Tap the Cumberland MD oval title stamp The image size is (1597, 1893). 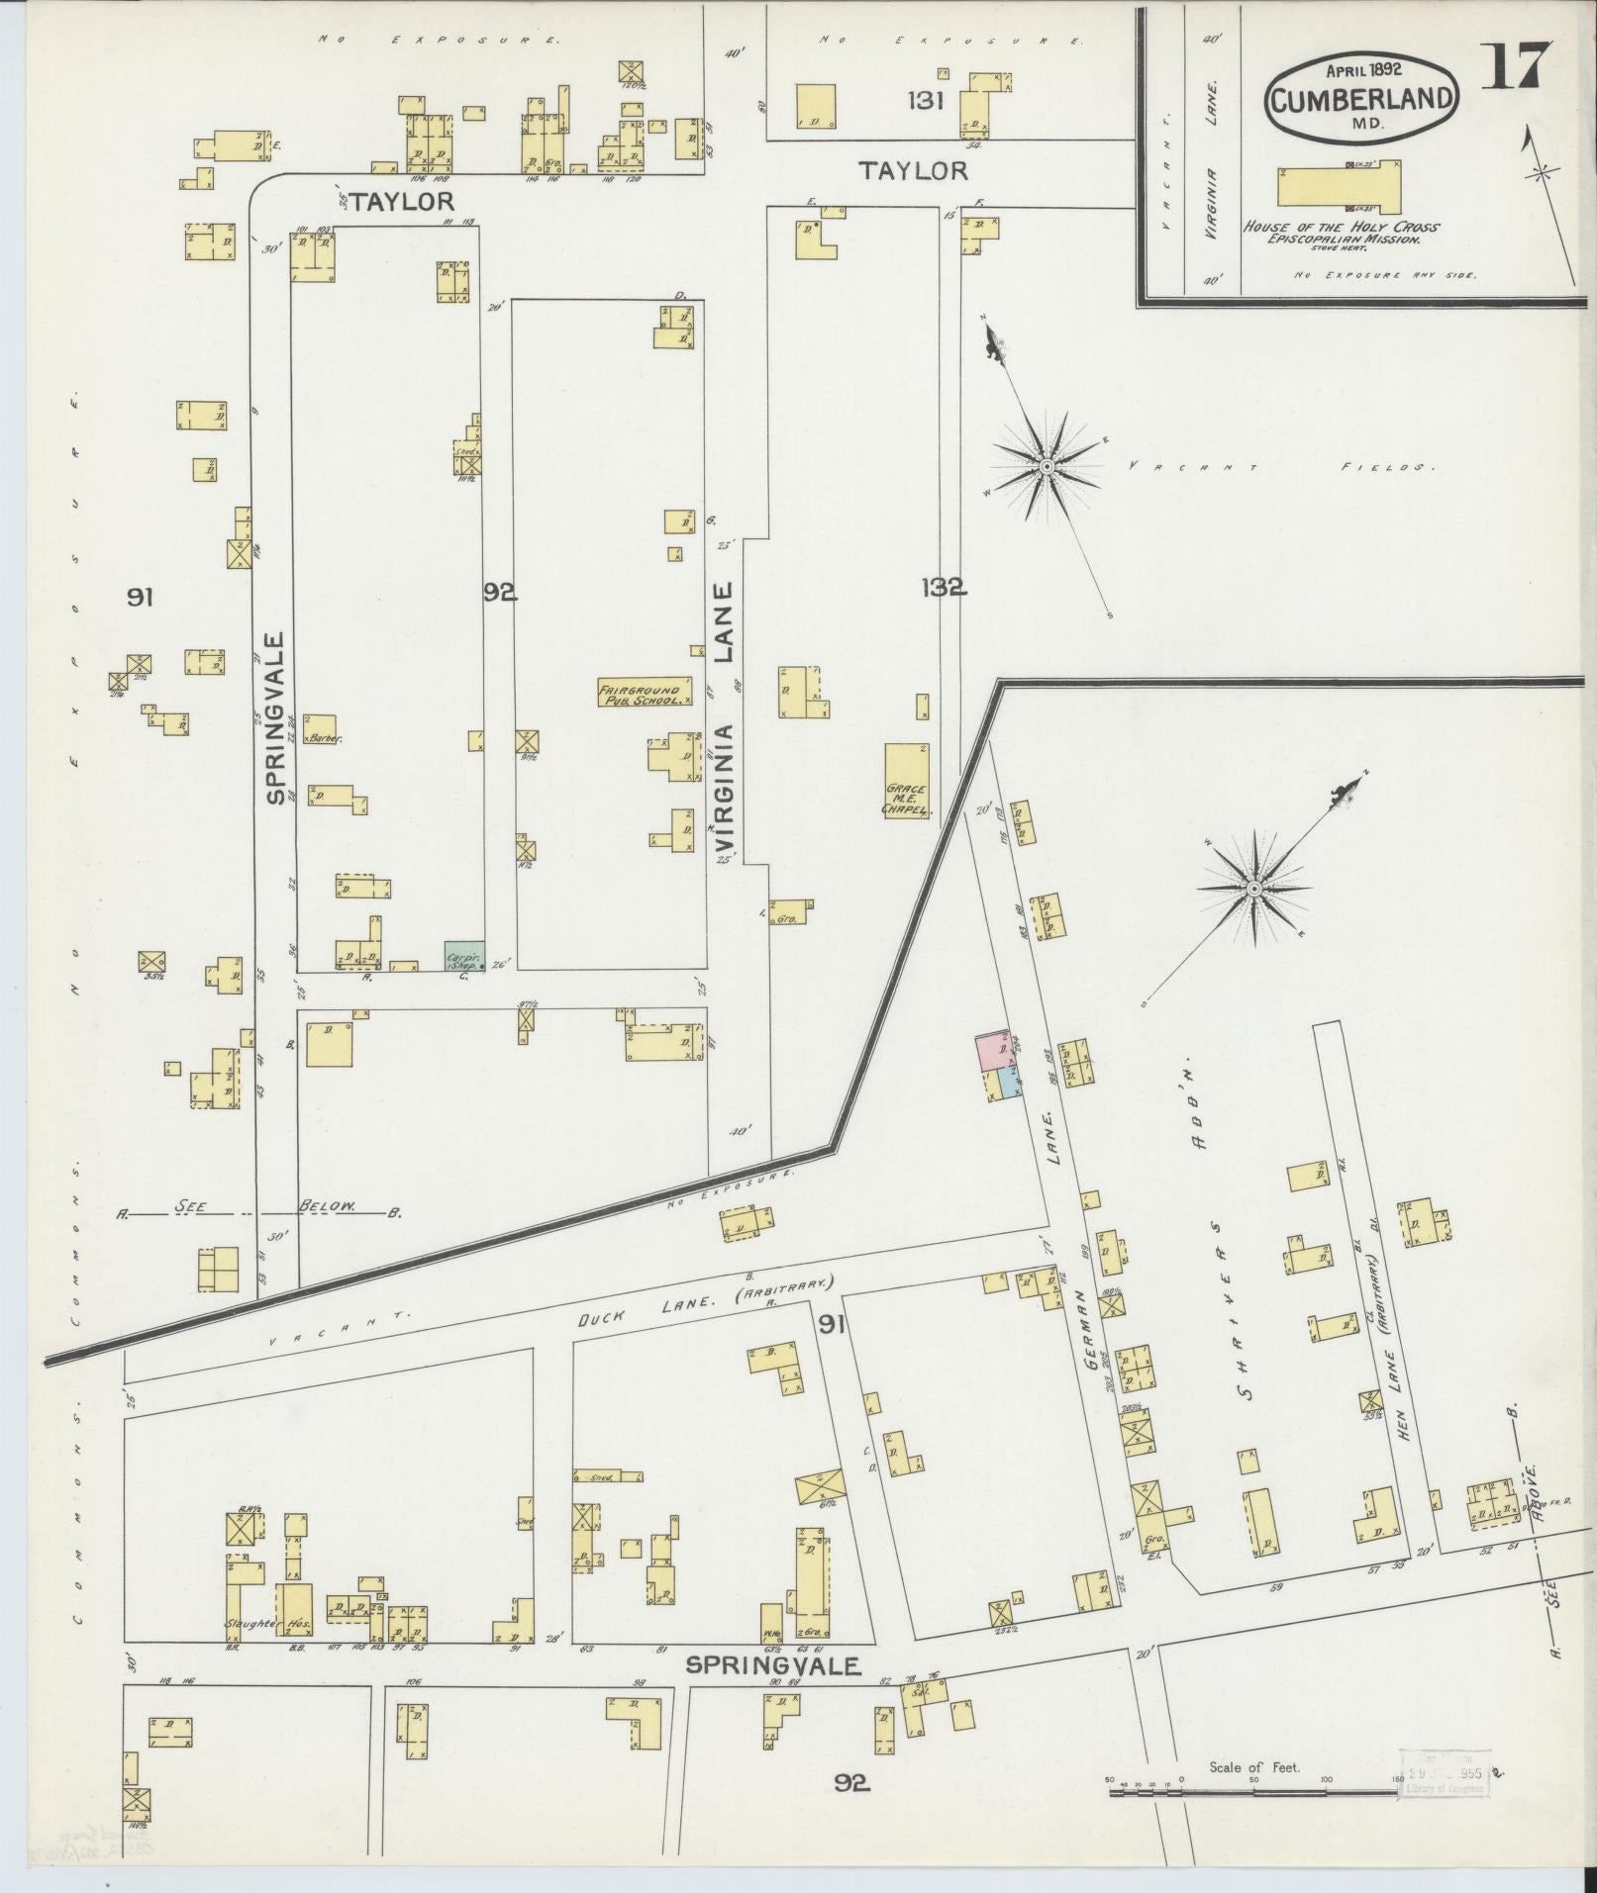point(1362,98)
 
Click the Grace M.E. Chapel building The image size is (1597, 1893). point(907,781)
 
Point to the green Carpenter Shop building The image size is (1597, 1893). point(463,956)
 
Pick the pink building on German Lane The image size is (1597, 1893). point(997,1050)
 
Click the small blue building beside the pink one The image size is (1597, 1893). point(1008,1084)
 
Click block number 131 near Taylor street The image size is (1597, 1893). point(930,100)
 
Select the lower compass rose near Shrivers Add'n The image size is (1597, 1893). point(1252,888)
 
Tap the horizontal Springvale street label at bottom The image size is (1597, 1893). point(773,1666)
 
